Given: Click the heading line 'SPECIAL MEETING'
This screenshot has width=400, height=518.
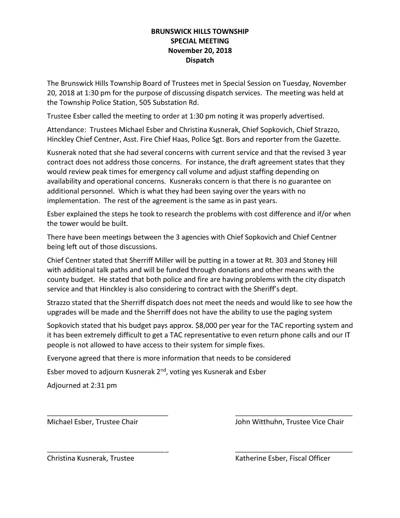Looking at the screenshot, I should pos(200,41).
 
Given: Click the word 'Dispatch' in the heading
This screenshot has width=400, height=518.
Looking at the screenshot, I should pos(200,60).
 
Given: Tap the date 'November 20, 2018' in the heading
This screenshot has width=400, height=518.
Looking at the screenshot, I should pos(200,50).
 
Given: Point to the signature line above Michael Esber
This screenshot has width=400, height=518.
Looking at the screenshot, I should pos(107,415).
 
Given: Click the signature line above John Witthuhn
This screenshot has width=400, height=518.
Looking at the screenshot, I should pos(293,415).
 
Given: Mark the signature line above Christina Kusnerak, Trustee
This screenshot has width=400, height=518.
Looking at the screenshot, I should pos(107,451).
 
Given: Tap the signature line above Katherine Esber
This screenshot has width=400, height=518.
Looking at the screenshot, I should pos(293,451).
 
